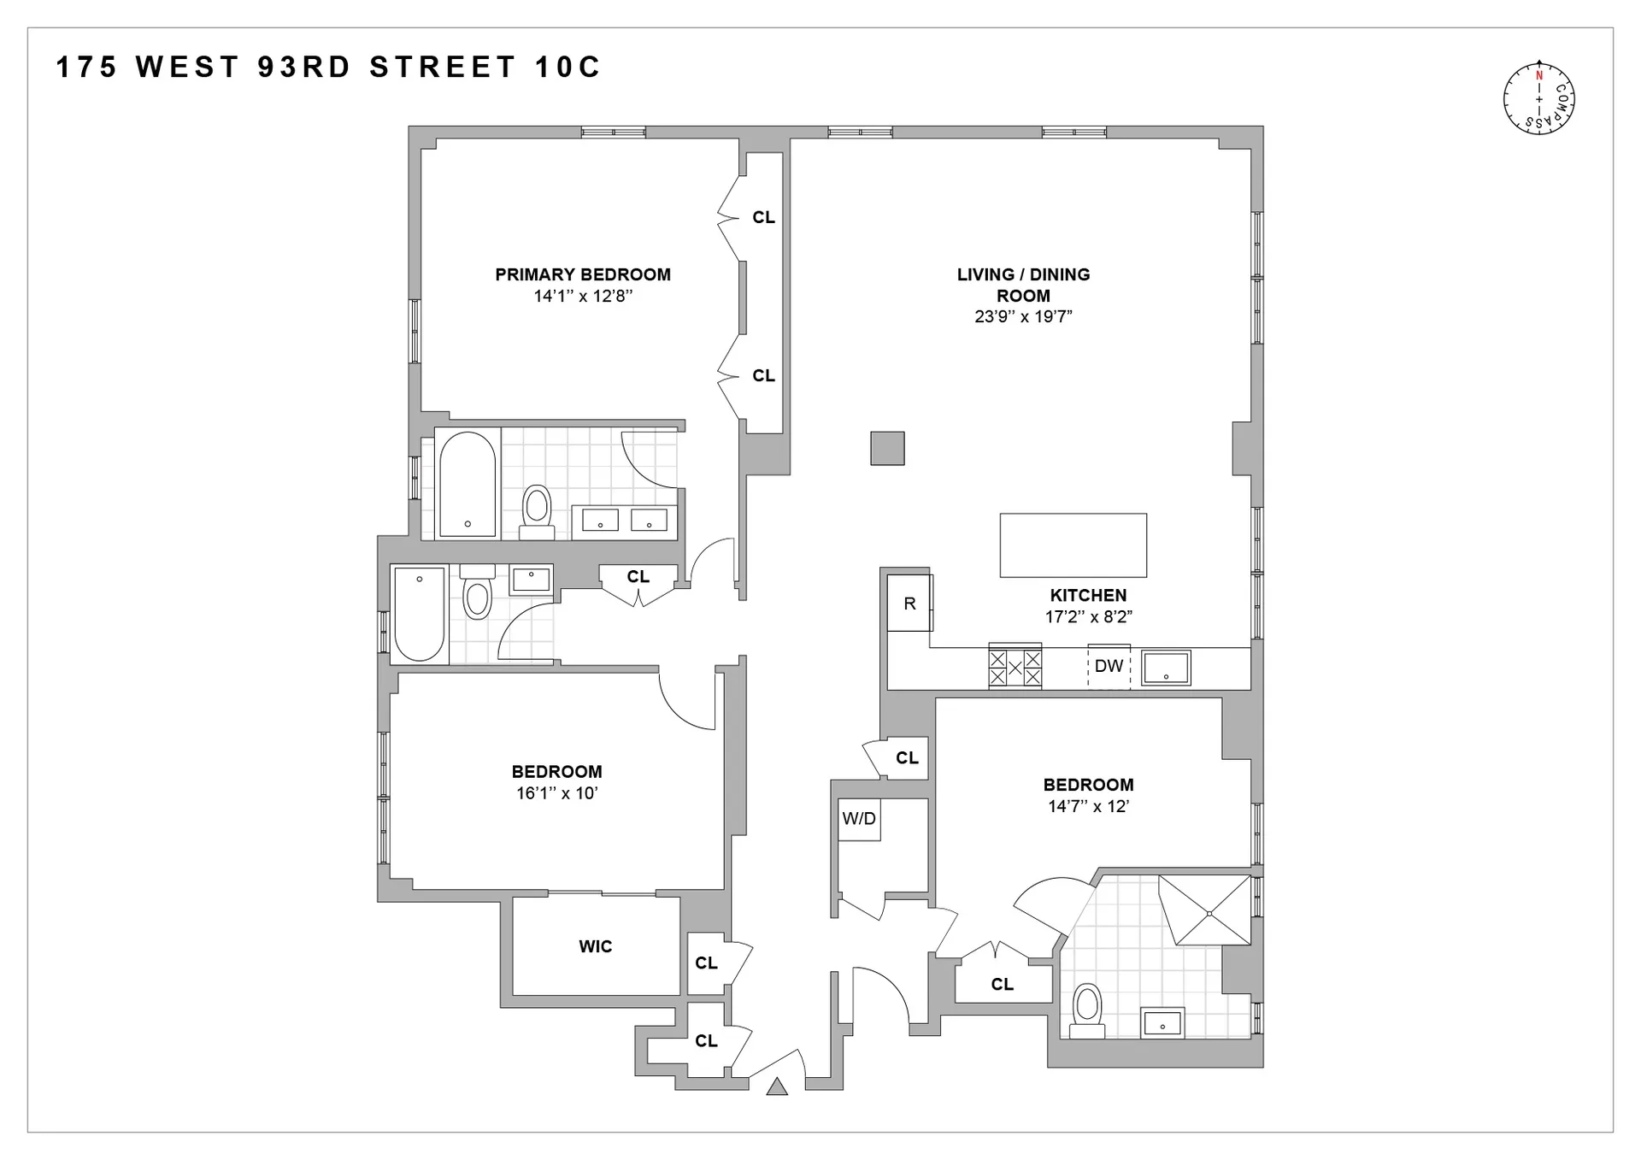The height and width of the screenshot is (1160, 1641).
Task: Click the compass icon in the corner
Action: click(x=1538, y=99)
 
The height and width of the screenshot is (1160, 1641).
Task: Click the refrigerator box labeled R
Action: click(x=909, y=604)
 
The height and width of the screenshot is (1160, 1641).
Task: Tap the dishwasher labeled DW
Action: click(x=1109, y=666)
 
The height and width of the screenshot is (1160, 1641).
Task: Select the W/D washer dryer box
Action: click(x=859, y=819)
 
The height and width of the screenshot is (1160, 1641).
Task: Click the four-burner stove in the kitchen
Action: click(x=1015, y=668)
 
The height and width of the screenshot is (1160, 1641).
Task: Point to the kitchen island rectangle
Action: click(x=1073, y=545)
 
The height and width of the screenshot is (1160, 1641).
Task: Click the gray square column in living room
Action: click(x=887, y=448)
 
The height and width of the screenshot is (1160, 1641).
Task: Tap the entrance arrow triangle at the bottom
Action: click(x=776, y=1087)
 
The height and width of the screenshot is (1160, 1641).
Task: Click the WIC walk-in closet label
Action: click(x=595, y=946)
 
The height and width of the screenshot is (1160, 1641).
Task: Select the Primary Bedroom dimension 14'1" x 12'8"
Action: click(x=583, y=297)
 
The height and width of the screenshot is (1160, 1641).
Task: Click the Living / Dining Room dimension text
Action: click(x=1023, y=316)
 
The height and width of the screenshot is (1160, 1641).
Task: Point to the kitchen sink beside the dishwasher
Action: click(x=1166, y=668)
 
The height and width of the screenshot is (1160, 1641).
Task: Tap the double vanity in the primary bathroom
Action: click(x=624, y=521)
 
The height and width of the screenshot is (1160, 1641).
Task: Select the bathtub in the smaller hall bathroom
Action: click(x=419, y=613)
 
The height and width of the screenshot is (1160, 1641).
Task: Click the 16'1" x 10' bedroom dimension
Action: click(x=556, y=793)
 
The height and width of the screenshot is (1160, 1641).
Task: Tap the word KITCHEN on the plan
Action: click(x=1088, y=596)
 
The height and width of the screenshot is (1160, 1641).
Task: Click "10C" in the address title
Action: click(x=568, y=68)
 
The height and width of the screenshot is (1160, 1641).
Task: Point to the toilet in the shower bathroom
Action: click(x=1087, y=1010)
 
